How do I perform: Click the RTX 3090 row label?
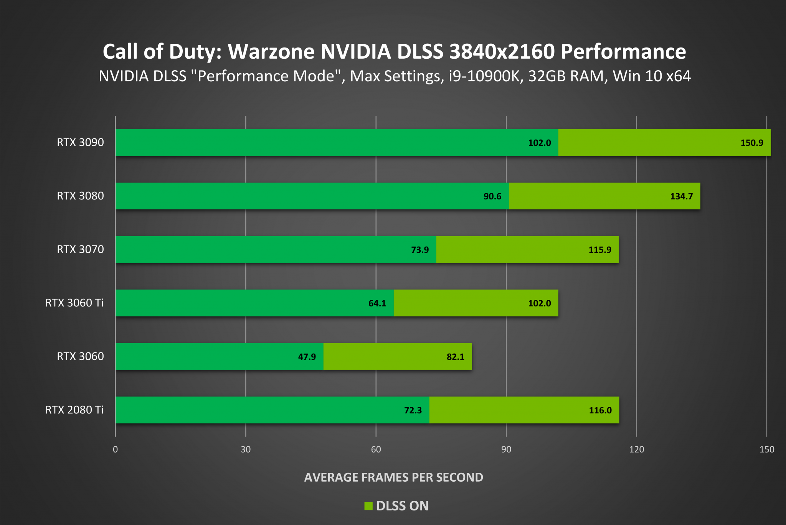click(x=80, y=142)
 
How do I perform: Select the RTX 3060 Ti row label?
click(x=74, y=303)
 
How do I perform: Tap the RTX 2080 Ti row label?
click(x=74, y=410)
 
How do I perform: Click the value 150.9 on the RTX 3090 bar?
click(x=751, y=143)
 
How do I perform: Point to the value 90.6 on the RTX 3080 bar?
click(x=492, y=196)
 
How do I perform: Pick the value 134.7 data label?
click(x=681, y=196)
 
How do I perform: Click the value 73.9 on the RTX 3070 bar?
click(x=419, y=250)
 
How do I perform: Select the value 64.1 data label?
click(x=377, y=303)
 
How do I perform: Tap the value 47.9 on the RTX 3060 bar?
click(x=307, y=357)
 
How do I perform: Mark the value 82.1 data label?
click(x=455, y=357)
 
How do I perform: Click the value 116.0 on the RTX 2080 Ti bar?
click(x=600, y=410)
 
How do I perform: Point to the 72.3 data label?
click(x=413, y=410)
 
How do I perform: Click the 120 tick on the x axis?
click(x=636, y=449)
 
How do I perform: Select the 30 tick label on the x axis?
click(x=246, y=449)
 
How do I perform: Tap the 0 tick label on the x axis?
click(x=115, y=449)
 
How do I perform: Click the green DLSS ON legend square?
click(x=368, y=506)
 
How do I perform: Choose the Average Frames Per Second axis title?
click(x=393, y=477)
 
